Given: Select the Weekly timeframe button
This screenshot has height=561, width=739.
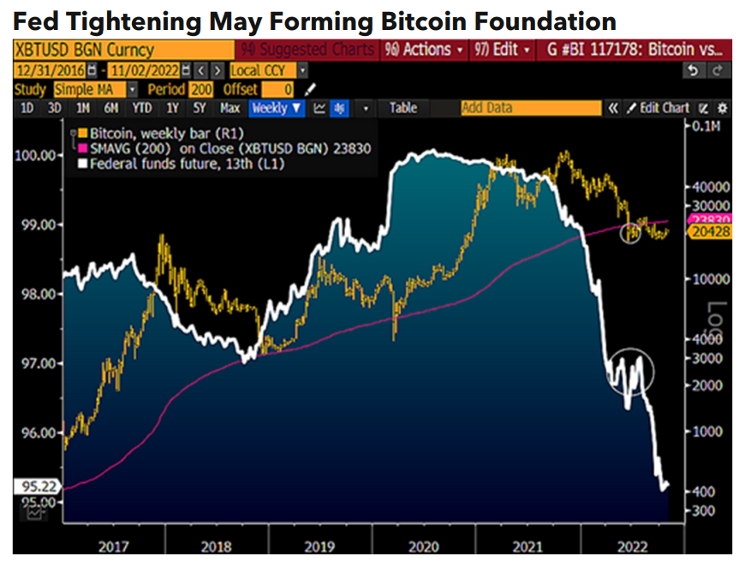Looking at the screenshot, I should tap(277, 108).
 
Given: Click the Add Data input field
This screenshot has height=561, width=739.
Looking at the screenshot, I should tap(530, 108).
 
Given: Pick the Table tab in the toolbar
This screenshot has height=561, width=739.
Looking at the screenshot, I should tap(402, 108).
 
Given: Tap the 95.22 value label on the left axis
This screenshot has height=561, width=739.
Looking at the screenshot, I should tap(30, 486).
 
